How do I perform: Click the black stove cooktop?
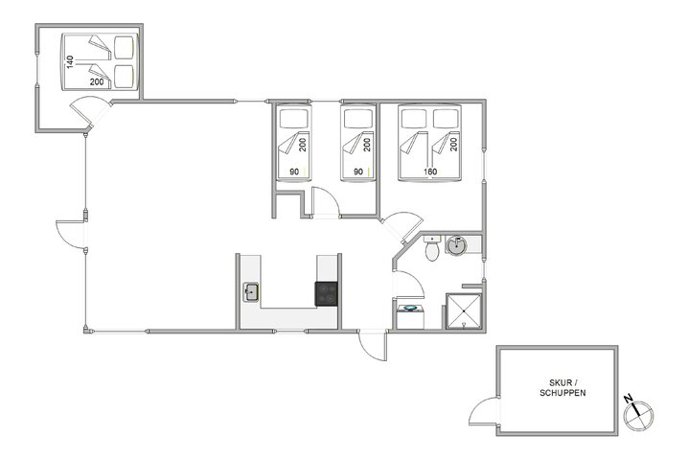point(327,293)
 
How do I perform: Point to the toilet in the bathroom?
point(432,248)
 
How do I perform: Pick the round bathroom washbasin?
point(457,247)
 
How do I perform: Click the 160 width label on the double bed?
point(431,172)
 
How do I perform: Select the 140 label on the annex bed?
point(69,60)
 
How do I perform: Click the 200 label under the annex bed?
point(97,82)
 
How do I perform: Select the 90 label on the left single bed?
point(294,172)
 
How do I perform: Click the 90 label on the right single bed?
point(358,172)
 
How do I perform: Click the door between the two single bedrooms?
point(325,203)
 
